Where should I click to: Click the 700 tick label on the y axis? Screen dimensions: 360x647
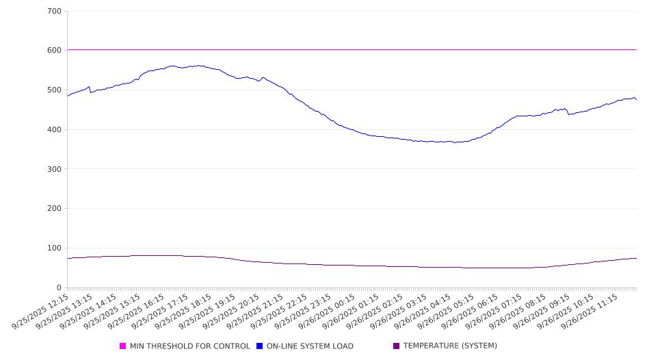click(55, 12)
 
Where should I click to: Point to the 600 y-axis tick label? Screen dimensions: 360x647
click(55, 51)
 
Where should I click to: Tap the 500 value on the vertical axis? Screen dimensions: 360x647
click(55, 90)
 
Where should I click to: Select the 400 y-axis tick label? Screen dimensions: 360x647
click(55, 130)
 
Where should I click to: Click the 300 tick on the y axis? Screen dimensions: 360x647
click(55, 169)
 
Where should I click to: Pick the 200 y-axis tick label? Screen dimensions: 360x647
click(55, 209)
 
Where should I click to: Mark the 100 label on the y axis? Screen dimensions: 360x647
click(55, 248)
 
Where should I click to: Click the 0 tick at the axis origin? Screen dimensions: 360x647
click(59, 287)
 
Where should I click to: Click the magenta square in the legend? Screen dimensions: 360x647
click(123, 346)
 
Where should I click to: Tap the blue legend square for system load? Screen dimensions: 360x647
click(260, 346)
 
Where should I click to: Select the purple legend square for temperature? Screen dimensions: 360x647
click(397, 346)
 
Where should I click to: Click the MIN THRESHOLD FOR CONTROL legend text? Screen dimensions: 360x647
click(189, 346)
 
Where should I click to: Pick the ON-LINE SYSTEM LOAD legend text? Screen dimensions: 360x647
click(310, 346)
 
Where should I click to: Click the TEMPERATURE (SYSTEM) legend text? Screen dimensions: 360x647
click(450, 346)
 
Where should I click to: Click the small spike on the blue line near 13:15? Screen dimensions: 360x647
click(89, 87)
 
